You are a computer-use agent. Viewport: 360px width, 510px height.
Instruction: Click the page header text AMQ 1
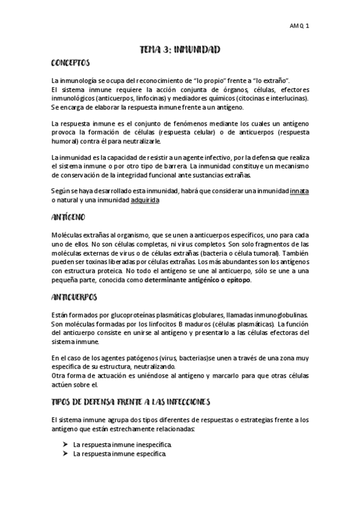299,26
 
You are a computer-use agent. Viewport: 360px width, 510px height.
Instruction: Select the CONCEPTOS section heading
70,63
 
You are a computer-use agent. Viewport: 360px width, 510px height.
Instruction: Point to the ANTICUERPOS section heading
74,297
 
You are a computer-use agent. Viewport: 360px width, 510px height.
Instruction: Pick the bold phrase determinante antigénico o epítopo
194,280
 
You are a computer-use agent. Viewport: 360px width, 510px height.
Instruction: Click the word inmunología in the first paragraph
81,81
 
